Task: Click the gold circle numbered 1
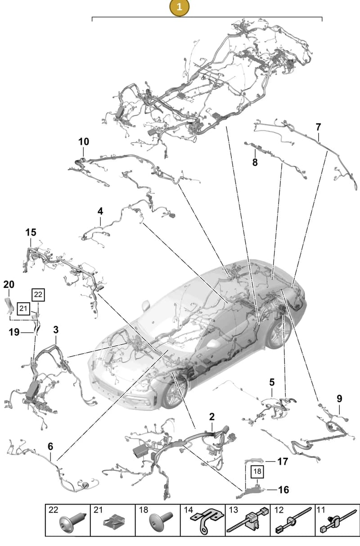coord(179,7)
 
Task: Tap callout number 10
coord(84,142)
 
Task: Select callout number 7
coord(318,127)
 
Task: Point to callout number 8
coord(255,162)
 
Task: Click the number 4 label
coord(100,211)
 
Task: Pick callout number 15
coord(31,233)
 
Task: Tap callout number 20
coord(9,284)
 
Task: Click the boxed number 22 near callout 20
coord(38,295)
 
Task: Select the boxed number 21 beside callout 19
coord(23,309)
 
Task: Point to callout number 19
coord(14,332)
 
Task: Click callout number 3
coord(56,330)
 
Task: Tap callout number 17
coord(283,461)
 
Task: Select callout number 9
coord(339,398)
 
